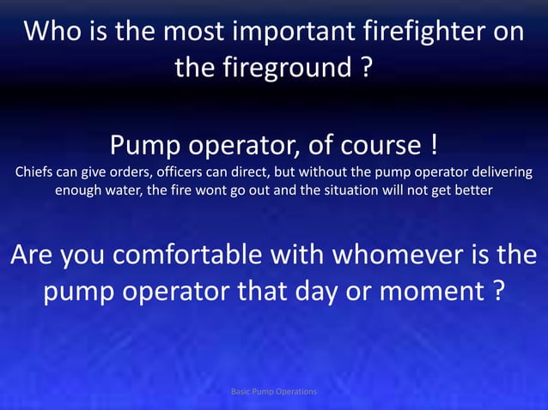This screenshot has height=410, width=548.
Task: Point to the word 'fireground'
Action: [x=281, y=67]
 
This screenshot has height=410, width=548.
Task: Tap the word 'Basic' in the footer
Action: [x=244, y=391]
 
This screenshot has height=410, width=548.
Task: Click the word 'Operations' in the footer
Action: [x=295, y=391]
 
